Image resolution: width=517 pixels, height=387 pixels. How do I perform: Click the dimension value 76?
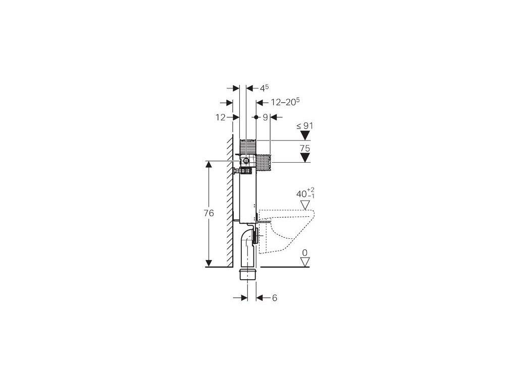tap(209, 213)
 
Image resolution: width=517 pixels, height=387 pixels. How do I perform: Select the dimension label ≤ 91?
tap(304, 125)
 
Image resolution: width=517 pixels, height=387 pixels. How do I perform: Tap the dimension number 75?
tap(305, 149)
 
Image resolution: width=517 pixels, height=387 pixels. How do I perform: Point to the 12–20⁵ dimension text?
tap(285, 102)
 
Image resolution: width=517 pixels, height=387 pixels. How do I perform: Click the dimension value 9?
tap(266, 117)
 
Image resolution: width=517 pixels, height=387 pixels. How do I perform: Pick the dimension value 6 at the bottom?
tap(274, 298)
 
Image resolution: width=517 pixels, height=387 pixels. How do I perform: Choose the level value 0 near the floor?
tap(304, 253)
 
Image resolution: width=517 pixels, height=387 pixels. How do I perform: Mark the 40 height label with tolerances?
tap(305, 193)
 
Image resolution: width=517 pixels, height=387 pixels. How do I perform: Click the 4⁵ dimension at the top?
tap(265, 88)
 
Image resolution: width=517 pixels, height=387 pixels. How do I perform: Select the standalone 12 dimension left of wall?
tap(221, 117)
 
